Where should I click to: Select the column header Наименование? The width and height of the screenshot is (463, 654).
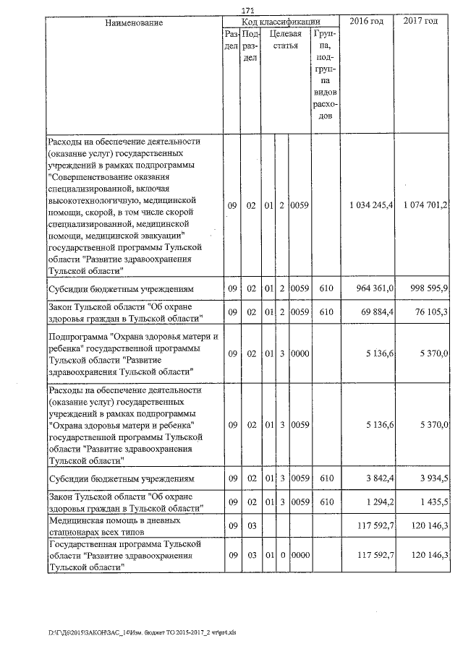pyautogui.click(x=134, y=22)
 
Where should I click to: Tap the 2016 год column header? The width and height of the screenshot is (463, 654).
pyautogui.click(x=366, y=22)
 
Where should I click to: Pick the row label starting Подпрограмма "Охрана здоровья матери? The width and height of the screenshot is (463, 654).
pyautogui.click(x=122, y=354)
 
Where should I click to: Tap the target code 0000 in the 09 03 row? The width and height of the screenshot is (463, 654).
pyautogui.click(x=300, y=555)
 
